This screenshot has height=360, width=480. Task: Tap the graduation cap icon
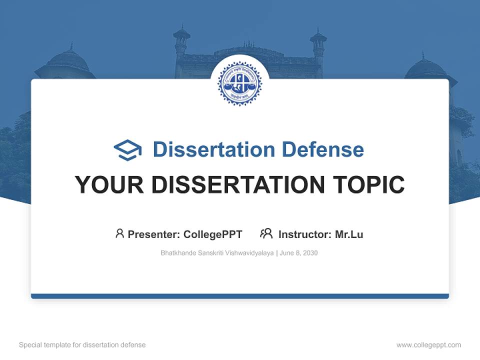click(128, 150)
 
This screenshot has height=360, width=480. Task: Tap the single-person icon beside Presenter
click(119, 233)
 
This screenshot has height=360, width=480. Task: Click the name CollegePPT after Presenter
click(213, 234)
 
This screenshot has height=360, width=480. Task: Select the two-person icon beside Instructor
click(266, 233)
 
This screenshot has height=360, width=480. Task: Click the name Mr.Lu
click(349, 234)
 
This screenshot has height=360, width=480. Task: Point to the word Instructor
click(304, 234)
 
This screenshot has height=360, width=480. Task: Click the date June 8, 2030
click(299, 253)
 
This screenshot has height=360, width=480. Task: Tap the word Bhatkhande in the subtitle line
click(178, 253)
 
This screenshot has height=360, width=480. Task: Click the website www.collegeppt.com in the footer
click(428, 345)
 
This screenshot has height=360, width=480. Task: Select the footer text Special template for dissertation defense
click(82, 345)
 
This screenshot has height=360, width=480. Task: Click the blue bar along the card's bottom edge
click(240, 296)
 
